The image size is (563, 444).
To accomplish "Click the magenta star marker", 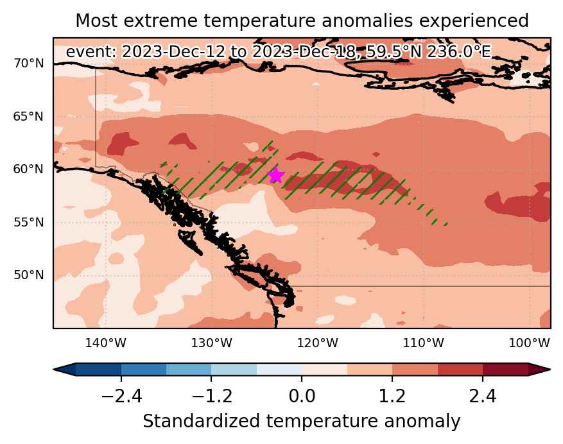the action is coord(276,175).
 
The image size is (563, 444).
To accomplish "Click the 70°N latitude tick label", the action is coord(29,64).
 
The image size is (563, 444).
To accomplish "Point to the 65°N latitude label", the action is coord(29,117).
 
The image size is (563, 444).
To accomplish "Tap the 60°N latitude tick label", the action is coord(29,169).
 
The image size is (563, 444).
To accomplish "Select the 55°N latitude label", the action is coord(29,223).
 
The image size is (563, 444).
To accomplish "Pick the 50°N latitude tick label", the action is coord(29,275).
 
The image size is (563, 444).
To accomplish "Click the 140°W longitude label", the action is coord(106,343).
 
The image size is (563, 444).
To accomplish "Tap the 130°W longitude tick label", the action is coord(211,343).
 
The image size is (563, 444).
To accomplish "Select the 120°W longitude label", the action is coord(317,343).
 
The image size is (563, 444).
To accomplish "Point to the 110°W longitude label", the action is coord(423,343).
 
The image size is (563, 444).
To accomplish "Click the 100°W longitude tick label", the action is coord(529,343).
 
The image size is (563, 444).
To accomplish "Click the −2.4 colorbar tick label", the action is coord(121,397).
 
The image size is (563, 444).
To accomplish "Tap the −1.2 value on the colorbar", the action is coord(212,397).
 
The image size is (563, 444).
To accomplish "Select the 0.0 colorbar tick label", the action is coord(302,397).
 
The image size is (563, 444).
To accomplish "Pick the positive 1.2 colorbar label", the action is coord(392,397).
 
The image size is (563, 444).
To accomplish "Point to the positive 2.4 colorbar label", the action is coord(483,397).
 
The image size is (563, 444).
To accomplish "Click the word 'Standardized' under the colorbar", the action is coord(201,421).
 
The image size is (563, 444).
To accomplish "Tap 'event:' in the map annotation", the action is coord(91,52).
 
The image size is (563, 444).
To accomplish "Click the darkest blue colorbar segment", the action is coord(98,370).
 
